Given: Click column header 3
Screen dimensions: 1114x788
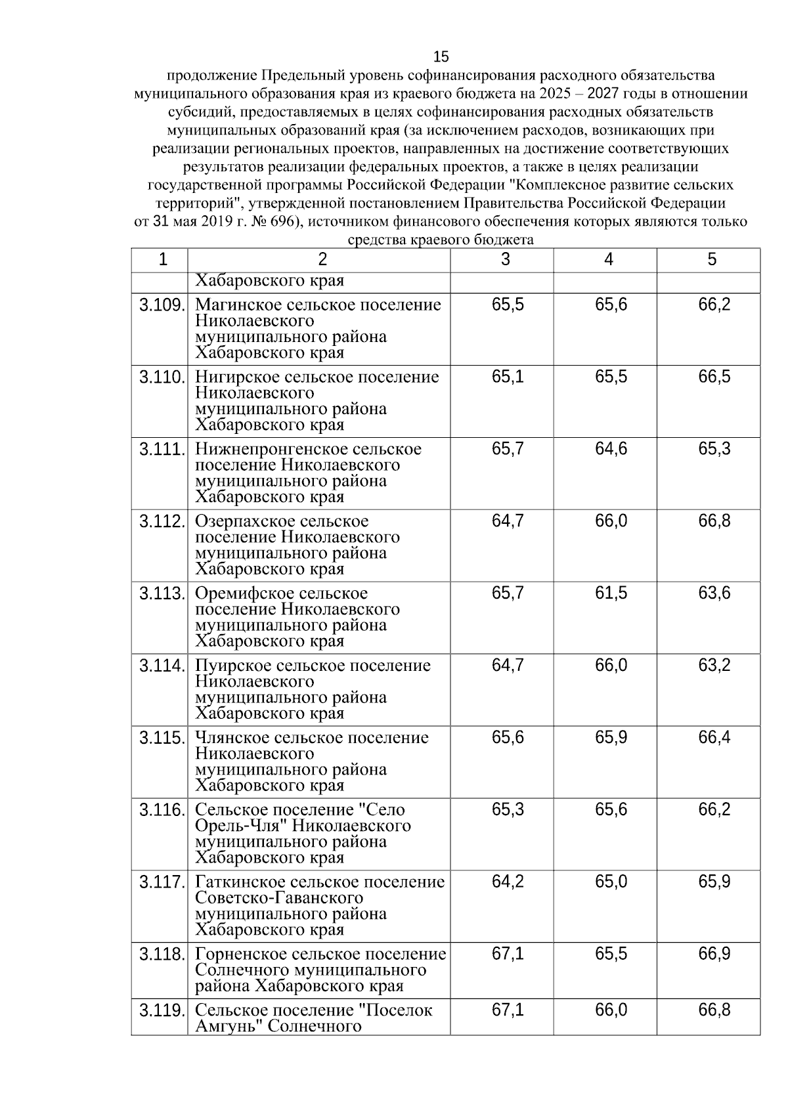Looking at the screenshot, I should pos(505,260).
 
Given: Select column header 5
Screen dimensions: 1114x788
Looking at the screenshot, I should pos(712,260).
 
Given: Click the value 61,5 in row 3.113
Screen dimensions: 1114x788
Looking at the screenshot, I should pos(611,593).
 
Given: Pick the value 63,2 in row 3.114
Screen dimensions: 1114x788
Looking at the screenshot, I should pos(714,666).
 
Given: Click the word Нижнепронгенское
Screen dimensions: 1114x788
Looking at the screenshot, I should pos(271,450).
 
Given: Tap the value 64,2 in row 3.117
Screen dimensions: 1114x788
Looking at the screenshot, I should pos(508,882).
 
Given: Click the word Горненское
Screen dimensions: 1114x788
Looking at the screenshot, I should pos(241,954).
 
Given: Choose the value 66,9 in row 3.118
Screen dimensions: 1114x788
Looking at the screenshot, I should pos(714,954).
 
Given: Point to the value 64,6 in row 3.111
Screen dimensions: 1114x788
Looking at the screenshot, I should pos(611,449).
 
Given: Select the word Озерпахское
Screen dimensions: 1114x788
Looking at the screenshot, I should pos(245,522).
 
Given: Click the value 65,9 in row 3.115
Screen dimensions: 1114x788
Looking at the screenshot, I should pos(611,738).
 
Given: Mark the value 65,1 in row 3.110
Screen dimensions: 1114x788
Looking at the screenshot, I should pos(508,377).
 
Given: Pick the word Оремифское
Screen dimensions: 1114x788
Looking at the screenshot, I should pos(244,594).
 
